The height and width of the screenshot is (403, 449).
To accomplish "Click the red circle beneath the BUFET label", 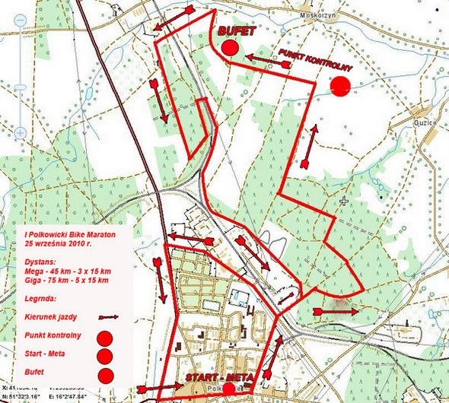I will [231, 48].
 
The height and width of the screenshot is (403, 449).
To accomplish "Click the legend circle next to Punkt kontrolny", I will [105, 338].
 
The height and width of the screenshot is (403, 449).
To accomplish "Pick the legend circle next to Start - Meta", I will [105, 356].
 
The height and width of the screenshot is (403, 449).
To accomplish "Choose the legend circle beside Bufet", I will [105, 374].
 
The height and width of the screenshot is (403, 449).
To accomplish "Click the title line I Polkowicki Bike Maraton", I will [68, 237].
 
